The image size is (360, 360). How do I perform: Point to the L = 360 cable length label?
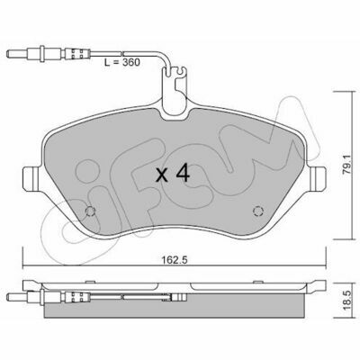121,62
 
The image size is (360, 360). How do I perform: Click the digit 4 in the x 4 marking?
183,174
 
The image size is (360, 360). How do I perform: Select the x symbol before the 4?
162,175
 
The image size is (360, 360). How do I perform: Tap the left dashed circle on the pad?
90,211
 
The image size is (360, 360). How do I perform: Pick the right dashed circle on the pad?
258,211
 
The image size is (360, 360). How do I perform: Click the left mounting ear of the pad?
31,178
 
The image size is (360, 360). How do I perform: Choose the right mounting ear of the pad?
318,178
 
